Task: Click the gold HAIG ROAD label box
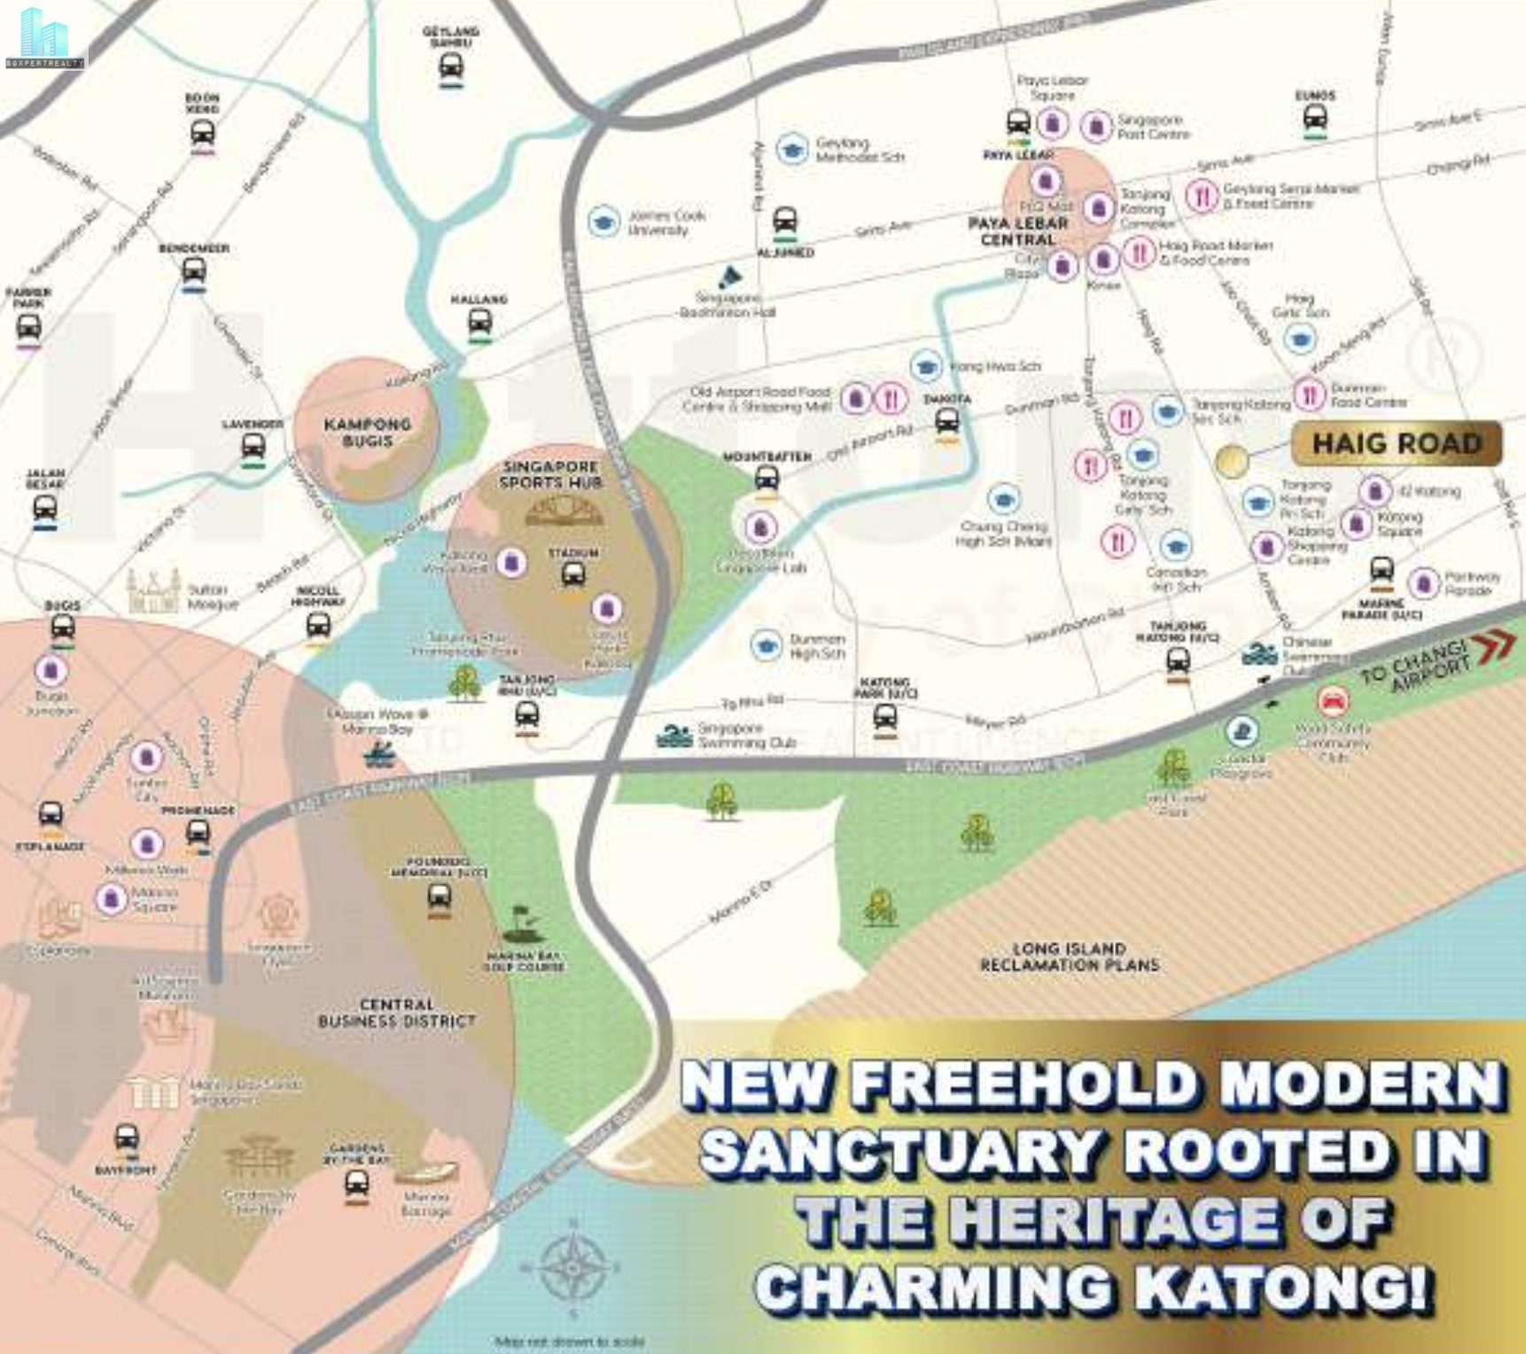[1396, 443]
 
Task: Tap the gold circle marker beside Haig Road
[1231, 461]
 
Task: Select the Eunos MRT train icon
[1315, 118]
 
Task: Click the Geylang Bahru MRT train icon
[451, 66]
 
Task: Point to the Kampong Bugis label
[367, 432]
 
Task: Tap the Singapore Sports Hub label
[550, 474]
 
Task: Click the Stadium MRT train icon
[573, 575]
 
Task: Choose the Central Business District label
[396, 1013]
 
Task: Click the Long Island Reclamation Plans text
[1070, 957]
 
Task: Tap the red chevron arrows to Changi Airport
[1497, 645]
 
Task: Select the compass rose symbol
[573, 1265]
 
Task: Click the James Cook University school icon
[603, 222]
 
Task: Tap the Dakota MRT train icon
[947, 420]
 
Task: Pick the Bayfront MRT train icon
[127, 1138]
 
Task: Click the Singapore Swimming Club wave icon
[674, 735]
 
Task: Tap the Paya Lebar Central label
[1017, 231]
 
